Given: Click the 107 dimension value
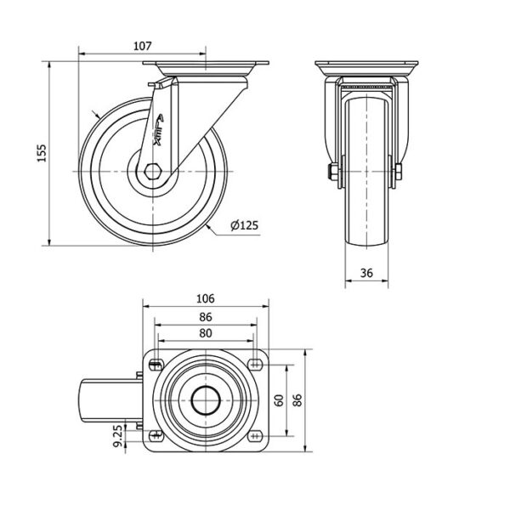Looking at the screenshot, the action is click(x=143, y=46).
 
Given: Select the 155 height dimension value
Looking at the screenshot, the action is click(x=42, y=153).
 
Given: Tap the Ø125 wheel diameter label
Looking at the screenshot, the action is click(x=244, y=225).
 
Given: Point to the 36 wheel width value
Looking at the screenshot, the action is click(x=366, y=273).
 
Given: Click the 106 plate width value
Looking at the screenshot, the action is click(x=206, y=298).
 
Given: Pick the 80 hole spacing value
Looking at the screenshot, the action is click(x=206, y=333).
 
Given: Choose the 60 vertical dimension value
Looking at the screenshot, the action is click(x=279, y=400).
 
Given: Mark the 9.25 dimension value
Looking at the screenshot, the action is click(x=119, y=436).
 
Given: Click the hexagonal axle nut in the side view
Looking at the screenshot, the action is click(x=152, y=172).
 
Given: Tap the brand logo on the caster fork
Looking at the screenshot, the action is click(x=159, y=129).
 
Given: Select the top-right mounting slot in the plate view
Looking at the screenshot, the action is click(x=255, y=365).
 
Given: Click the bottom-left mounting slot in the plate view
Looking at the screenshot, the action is click(x=156, y=435).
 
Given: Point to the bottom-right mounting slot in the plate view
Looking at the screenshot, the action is click(x=255, y=435).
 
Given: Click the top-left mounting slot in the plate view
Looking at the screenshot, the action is click(x=156, y=365).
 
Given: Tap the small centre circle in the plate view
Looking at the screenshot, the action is click(x=206, y=400).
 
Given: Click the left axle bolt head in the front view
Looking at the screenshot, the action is click(x=331, y=172).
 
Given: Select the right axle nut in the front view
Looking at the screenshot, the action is click(x=399, y=172).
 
